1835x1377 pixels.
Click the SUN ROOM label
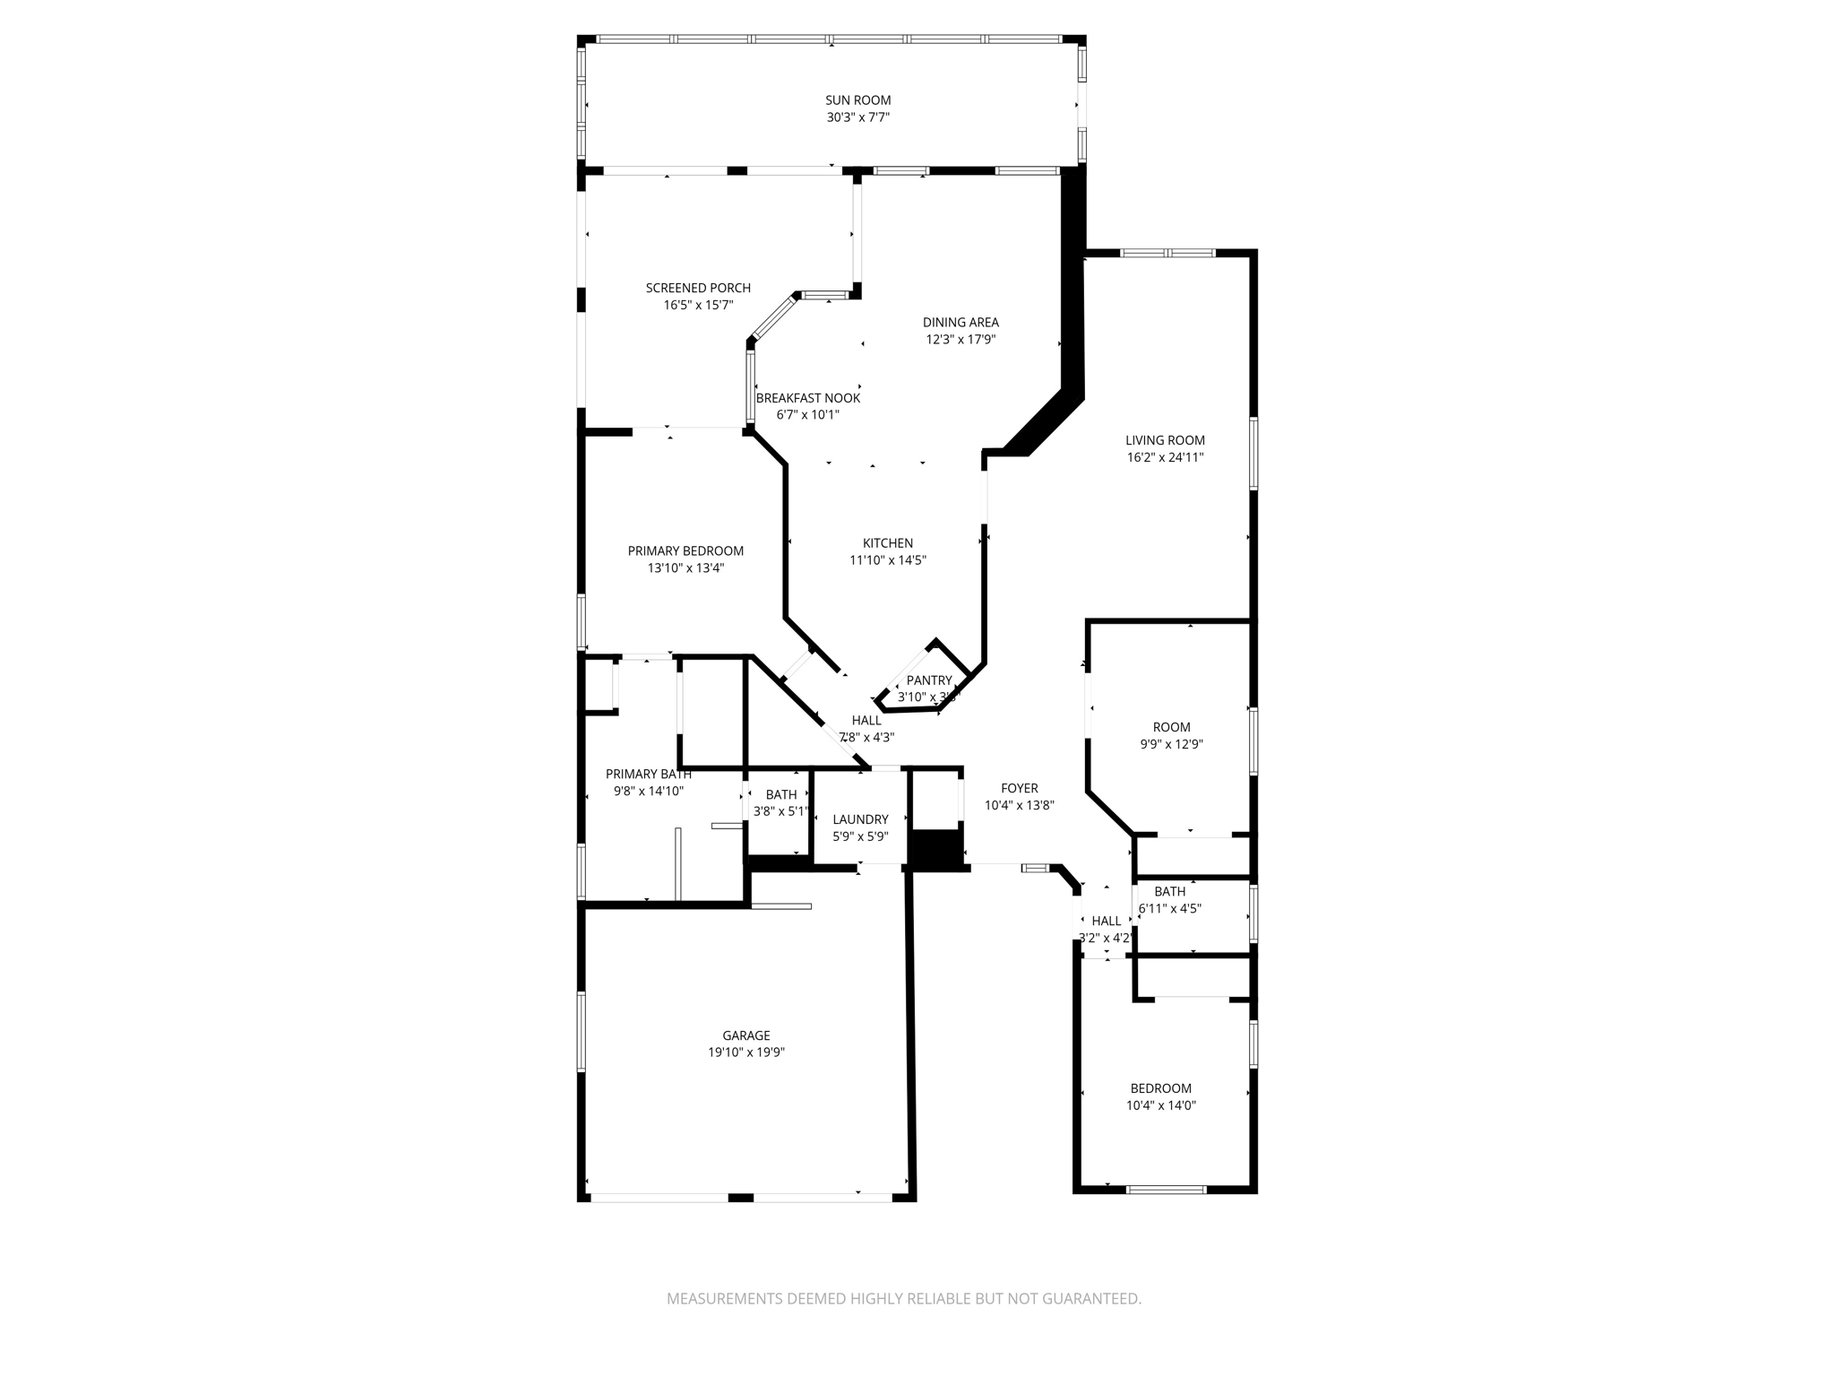(857, 100)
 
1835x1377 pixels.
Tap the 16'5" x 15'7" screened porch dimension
(698, 305)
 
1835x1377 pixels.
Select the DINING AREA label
(961, 322)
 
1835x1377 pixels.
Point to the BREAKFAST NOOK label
(807, 398)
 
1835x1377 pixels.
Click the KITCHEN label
(887, 543)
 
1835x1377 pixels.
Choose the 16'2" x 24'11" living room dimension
(1165, 457)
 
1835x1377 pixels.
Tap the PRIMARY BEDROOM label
(685, 551)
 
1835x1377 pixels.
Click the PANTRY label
(928, 680)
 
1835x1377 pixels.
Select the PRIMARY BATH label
(648, 775)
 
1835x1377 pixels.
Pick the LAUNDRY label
(860, 819)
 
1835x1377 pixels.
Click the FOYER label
(1019, 788)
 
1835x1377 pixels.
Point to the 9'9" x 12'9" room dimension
(1171, 744)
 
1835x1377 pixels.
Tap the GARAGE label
(746, 1035)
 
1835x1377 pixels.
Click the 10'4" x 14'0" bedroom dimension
(1160, 1105)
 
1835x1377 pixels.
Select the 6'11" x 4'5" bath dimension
(1169, 908)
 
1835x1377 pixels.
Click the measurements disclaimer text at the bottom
(903, 1298)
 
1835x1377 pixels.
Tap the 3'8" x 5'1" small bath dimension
(780, 811)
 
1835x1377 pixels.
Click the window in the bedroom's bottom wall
(1166, 1190)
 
